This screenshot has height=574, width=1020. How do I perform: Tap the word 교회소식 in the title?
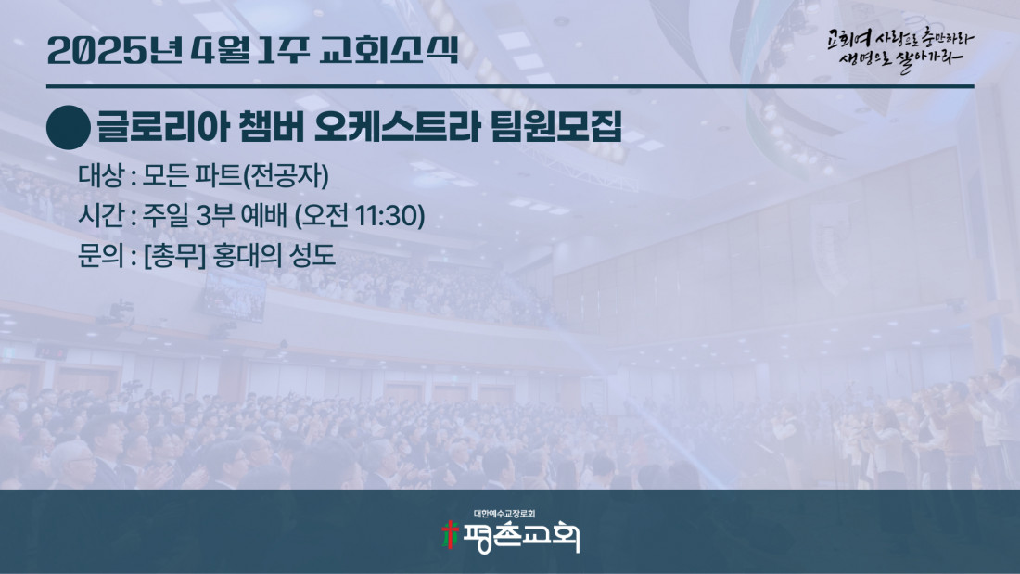tap(389, 49)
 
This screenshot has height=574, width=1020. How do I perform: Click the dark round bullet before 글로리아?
tap(69, 128)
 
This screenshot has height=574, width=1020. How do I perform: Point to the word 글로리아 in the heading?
tap(162, 127)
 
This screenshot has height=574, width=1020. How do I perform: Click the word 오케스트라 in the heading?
tap(396, 127)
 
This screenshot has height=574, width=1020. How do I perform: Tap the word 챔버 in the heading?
tap(272, 127)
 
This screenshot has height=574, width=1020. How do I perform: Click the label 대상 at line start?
tap(100, 175)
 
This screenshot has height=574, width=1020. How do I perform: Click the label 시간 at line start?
tap(100, 215)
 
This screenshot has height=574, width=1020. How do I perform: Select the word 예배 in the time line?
tap(263, 215)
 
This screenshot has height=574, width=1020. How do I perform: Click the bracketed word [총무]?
tap(174, 255)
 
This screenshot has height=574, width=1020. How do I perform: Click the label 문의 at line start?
tap(100, 255)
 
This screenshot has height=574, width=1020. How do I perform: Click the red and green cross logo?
tap(450, 534)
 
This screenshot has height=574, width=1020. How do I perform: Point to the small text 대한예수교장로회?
tap(504, 514)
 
